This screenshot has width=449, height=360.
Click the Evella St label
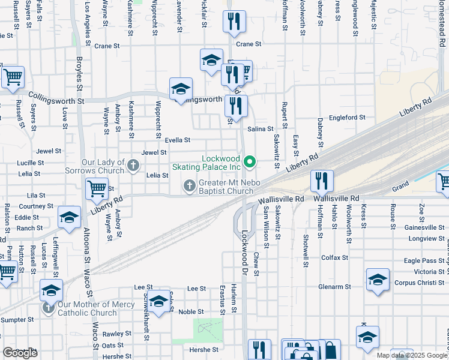click(178, 140)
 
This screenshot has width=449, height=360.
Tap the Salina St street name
click(261, 128)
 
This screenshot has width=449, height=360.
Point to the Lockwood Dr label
click(244, 247)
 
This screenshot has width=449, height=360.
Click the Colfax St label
click(335, 258)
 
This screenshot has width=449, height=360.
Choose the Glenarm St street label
click(334, 287)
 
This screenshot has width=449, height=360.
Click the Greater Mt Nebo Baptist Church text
click(228, 187)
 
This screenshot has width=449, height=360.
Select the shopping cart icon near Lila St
click(97, 188)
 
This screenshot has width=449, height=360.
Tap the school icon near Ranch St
click(69, 217)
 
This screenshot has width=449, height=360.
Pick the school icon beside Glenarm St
click(378, 279)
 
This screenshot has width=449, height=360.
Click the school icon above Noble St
click(159, 301)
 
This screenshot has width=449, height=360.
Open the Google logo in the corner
click(20, 353)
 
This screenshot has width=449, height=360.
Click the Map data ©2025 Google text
click(411, 355)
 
